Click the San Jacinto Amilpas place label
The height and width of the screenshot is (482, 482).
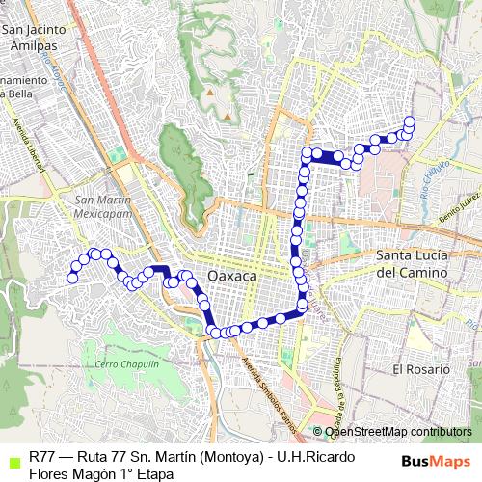37,37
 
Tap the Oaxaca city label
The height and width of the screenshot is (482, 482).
232,276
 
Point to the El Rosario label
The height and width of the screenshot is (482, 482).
420,369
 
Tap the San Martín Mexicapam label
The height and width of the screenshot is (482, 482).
101,205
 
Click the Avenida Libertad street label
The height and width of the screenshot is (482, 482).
29,143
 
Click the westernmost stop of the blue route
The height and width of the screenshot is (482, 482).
71,278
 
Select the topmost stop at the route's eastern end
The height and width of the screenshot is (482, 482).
410,121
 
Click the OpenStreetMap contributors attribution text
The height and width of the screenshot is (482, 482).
397,432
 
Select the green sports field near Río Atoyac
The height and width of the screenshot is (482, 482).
120,155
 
